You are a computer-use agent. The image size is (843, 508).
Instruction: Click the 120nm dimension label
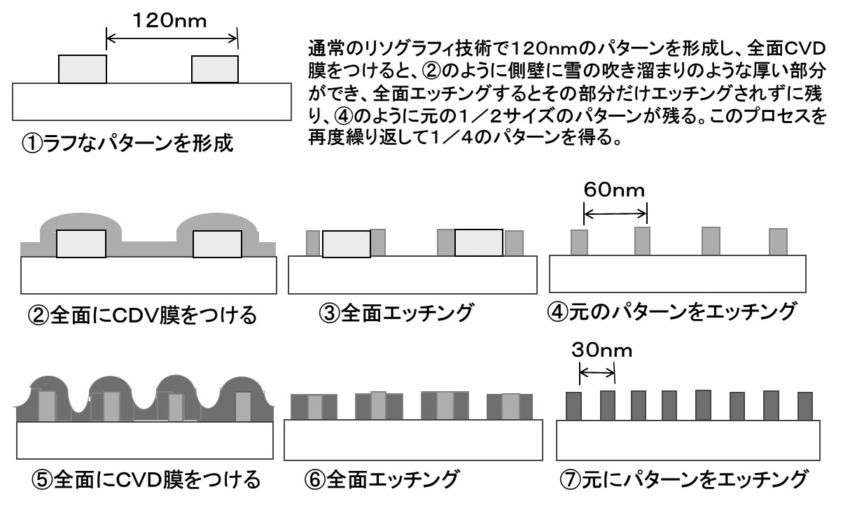point(172,21)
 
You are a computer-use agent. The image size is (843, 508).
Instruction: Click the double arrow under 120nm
point(172,39)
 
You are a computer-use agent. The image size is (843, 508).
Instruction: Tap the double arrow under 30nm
point(597,374)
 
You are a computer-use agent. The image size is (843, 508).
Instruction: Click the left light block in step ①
point(82,69)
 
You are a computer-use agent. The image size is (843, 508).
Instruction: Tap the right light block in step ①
point(215,69)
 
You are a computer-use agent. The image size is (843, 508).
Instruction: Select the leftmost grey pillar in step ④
point(578,242)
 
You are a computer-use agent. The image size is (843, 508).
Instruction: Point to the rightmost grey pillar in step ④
point(778,241)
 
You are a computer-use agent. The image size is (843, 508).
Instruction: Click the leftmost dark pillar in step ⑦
point(574,406)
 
